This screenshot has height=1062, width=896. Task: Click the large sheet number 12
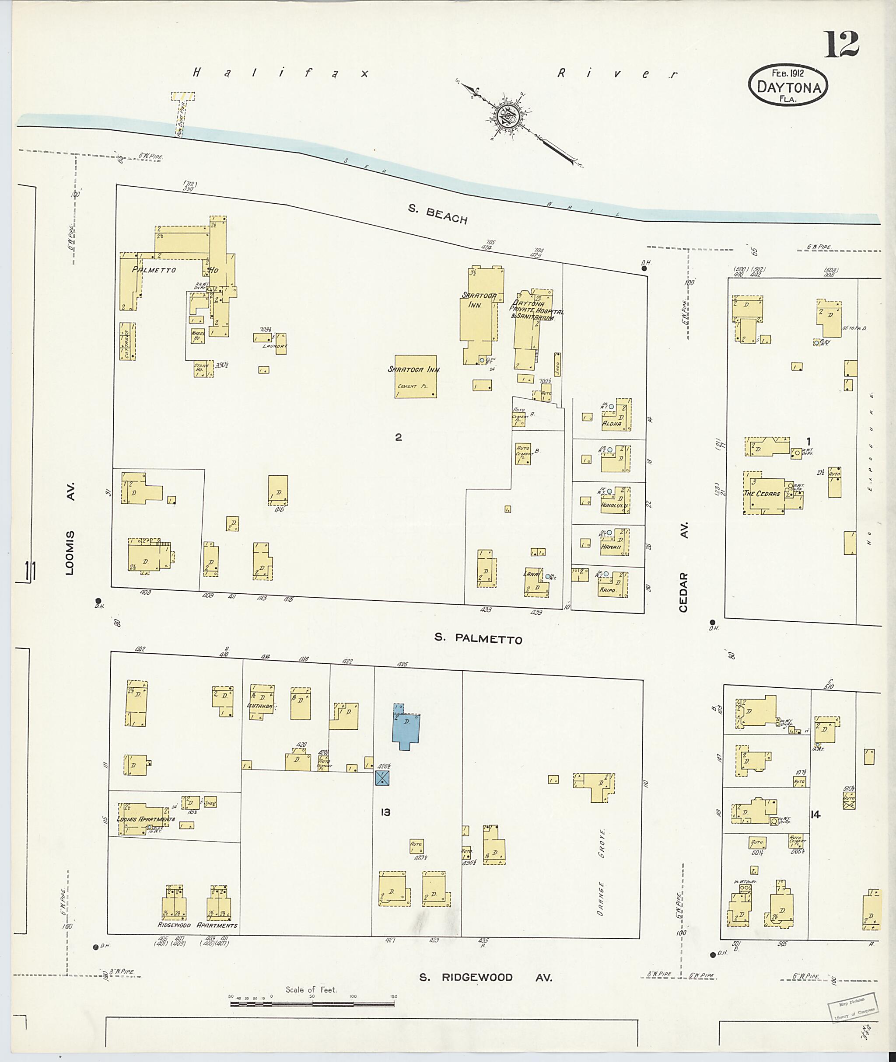(x=840, y=44)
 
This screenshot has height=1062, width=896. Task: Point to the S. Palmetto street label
(x=477, y=639)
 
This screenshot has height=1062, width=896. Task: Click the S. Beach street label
(x=437, y=214)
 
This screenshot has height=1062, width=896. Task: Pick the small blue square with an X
(x=382, y=778)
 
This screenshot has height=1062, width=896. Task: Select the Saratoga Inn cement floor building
(x=416, y=376)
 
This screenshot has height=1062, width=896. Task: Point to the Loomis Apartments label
(x=145, y=819)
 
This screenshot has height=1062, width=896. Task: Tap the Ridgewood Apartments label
(x=197, y=925)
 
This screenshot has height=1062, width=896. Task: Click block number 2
(x=398, y=437)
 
